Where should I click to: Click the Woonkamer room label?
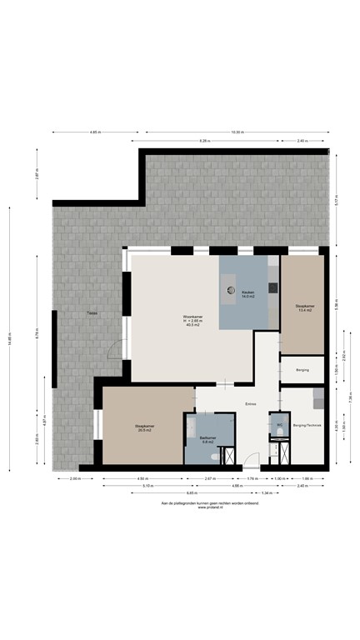(x=192, y=321)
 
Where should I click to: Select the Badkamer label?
(x=207, y=439)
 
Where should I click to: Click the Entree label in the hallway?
(x=251, y=405)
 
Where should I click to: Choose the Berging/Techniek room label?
(x=307, y=425)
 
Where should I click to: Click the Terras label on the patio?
(x=88, y=313)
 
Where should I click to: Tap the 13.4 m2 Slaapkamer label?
(x=305, y=308)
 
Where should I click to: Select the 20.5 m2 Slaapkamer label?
(x=146, y=427)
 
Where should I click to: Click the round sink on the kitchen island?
(x=232, y=291)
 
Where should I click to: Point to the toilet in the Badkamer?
(x=219, y=457)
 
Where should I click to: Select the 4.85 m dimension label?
(x=95, y=132)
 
